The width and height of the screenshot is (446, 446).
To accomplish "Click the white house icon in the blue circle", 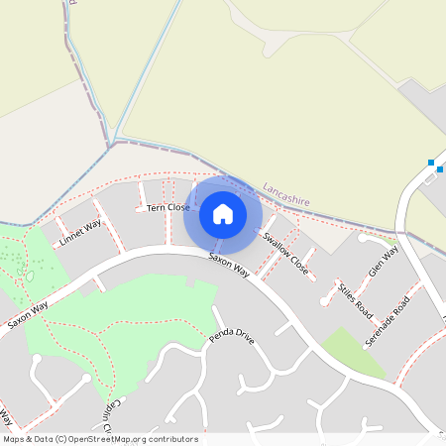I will pyautogui.click(x=223, y=213).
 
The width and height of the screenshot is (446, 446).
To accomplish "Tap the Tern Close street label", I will pyautogui.click(x=167, y=207).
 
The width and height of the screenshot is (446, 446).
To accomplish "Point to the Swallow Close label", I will pyautogui.click(x=285, y=254).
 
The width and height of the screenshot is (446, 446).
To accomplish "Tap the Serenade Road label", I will pyautogui.click(x=386, y=319).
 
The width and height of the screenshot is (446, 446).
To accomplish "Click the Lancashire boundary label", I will pyautogui.click(x=286, y=193).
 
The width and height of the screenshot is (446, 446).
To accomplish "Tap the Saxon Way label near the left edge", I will pyautogui.click(x=28, y=315).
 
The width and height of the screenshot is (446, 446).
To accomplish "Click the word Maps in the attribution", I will pyautogui.click(x=14, y=439).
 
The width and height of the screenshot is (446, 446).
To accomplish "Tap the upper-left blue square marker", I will pyautogui.click(x=431, y=163).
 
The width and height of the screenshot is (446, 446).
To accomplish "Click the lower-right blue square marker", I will pyautogui.click(x=441, y=168).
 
